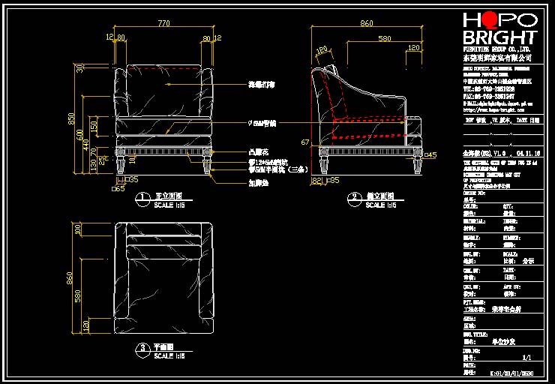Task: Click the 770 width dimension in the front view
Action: pyautogui.click(x=163, y=24)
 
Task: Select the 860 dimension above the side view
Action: pyautogui.click(x=367, y=24)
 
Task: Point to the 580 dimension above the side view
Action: pyautogui.click(x=384, y=37)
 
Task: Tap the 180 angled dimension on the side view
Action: pyautogui.click(x=322, y=52)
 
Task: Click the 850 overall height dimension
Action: pyautogui.click(x=73, y=118)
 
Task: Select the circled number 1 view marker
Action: pyautogui.click(x=140, y=198)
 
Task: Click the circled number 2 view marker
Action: pyautogui.click(x=353, y=198)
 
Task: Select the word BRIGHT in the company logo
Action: pyautogui.click(x=499, y=37)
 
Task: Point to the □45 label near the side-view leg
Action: pyautogui.click(x=430, y=155)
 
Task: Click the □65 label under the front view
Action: pyautogui.click(x=119, y=189)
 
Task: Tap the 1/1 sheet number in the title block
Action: pyautogui.click(x=526, y=358)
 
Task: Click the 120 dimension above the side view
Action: pyautogui.click(x=413, y=48)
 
